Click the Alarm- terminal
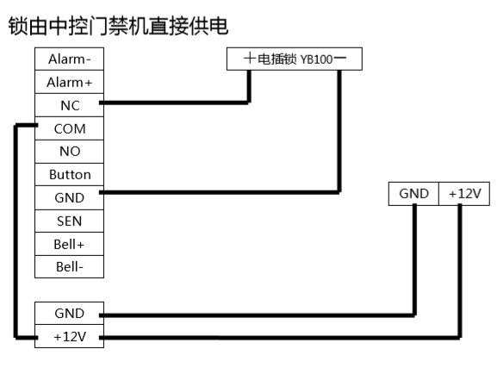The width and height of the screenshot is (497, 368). click(69, 59)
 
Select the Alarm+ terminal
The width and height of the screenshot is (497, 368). click(69, 83)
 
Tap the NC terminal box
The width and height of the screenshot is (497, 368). click(69, 105)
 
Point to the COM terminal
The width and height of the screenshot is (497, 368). click(69, 128)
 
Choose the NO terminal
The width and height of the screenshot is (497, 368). click(69, 151)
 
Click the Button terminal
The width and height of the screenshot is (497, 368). click(69, 174)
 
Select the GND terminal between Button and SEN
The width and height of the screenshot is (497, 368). click(69, 197)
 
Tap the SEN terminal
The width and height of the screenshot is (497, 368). click(69, 221)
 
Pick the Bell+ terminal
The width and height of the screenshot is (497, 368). click(69, 244)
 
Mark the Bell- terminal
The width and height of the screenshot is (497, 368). click(69, 266)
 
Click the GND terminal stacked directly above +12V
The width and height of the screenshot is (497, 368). click(69, 314)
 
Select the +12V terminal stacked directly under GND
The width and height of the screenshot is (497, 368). click(69, 337)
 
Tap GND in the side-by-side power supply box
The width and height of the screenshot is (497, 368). click(413, 194)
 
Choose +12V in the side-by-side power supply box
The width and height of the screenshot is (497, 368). click(464, 194)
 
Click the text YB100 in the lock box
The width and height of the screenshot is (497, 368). click(315, 59)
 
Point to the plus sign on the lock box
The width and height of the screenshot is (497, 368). click(250, 59)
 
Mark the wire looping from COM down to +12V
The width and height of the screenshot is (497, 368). click(15, 233)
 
